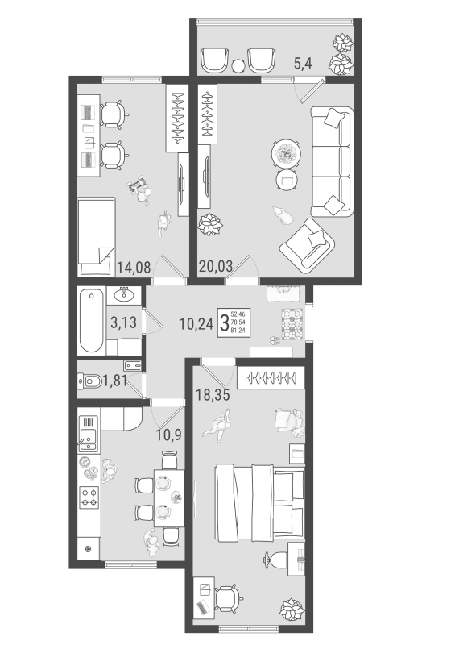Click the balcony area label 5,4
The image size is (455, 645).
tap(303, 64)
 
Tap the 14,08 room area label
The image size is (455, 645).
tap(134, 268)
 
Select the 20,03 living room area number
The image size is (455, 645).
tap(216, 266)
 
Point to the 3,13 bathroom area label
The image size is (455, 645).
tap(123, 322)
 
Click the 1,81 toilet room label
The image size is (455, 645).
tap(114, 381)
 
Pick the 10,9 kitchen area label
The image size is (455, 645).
tap(168, 434)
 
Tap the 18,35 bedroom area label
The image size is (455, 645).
tap(213, 394)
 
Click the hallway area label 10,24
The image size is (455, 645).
tap(196, 324)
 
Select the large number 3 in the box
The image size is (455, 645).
tap(225, 322)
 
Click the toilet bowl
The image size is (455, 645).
tap(89, 381)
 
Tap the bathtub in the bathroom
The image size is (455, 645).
tap(91, 320)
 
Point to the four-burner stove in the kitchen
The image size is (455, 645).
tap(89, 497)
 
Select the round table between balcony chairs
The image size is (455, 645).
tap(238, 66)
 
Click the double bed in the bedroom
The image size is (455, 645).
tap(260, 502)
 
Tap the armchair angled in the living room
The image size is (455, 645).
tap(307, 243)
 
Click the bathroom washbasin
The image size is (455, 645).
tap(124, 294)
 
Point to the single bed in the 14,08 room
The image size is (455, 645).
tap(97, 236)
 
